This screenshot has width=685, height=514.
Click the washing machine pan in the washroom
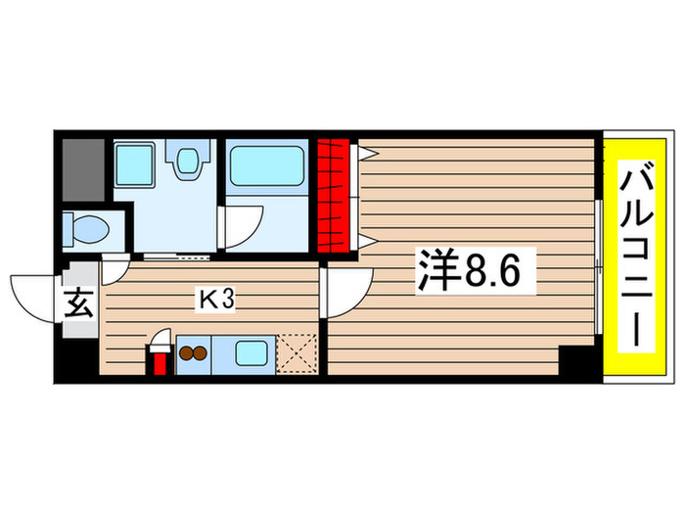click(133, 162)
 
